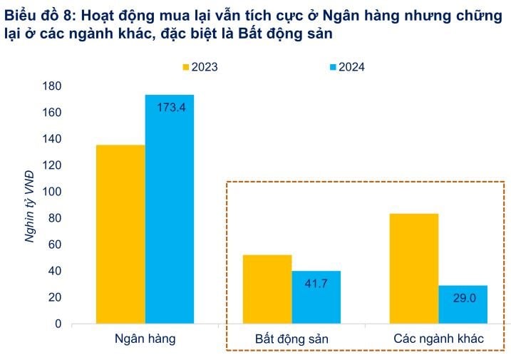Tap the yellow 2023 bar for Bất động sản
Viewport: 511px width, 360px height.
(267, 289)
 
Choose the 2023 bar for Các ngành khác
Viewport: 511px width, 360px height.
(414, 268)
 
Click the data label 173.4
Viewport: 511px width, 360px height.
(170, 108)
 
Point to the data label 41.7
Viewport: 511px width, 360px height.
(316, 284)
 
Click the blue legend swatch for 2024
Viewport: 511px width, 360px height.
(331, 68)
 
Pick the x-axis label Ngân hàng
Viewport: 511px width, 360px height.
(145, 339)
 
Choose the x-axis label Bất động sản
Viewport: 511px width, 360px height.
(291, 339)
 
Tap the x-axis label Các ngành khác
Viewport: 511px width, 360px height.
(438, 339)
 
